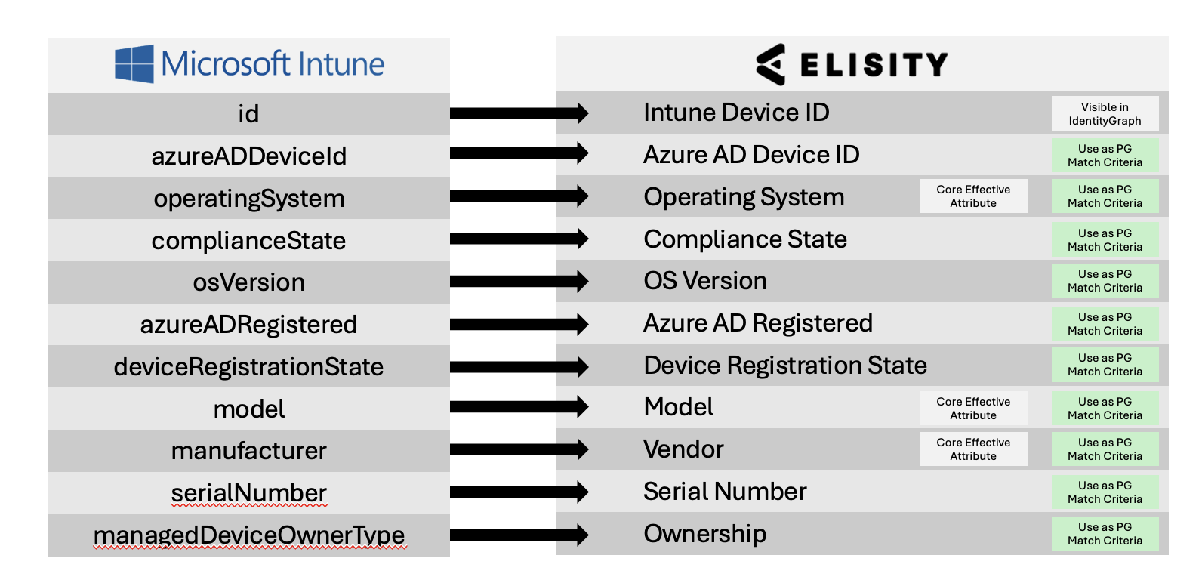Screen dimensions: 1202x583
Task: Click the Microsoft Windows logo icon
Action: tap(134, 64)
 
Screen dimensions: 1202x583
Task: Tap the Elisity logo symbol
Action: tap(771, 64)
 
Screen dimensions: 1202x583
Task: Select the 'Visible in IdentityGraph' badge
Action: tap(1105, 114)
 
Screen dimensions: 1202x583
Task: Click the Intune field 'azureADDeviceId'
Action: tap(249, 156)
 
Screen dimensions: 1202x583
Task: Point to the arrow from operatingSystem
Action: tap(519, 196)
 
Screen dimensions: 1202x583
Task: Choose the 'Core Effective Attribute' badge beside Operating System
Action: tap(973, 196)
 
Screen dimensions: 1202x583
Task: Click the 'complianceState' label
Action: tap(248, 240)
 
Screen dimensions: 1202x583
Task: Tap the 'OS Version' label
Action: tap(705, 281)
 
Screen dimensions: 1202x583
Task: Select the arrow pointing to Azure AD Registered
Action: tap(519, 324)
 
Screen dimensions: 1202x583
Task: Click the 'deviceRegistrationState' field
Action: tap(248, 367)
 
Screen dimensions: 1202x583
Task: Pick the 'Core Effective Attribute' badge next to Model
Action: tap(973, 408)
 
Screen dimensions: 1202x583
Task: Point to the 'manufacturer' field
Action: tap(248, 450)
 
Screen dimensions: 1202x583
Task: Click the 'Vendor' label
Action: tap(683, 449)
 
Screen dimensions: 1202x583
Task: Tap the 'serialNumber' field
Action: tap(249, 493)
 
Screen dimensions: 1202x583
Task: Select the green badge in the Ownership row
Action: tap(1105, 534)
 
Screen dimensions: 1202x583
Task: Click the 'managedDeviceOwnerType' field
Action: tap(249, 535)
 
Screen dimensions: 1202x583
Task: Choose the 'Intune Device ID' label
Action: tap(736, 113)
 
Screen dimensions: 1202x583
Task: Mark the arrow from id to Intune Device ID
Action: tap(519, 113)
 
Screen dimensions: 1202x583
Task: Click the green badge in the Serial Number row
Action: tap(1105, 492)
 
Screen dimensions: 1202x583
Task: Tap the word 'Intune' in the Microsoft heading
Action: tap(341, 64)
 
